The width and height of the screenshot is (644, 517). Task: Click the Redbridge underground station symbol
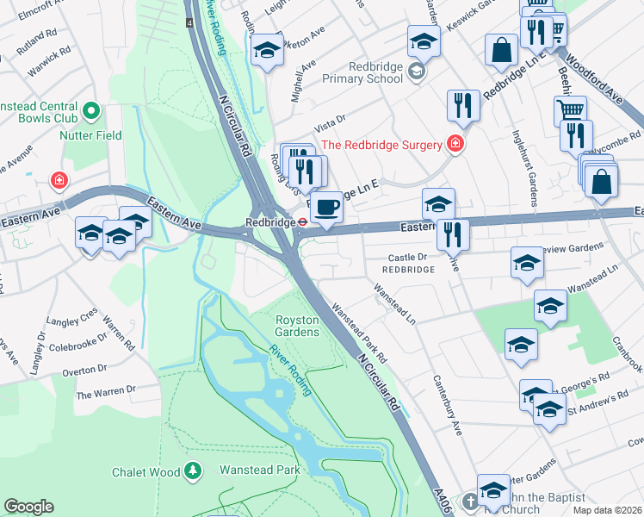click(x=303, y=221)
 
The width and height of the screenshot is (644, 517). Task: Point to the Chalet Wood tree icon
click(x=194, y=471)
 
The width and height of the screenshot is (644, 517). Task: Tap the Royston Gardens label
click(x=297, y=326)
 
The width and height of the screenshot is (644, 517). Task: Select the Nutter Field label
click(x=90, y=135)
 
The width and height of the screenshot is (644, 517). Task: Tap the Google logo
click(x=28, y=507)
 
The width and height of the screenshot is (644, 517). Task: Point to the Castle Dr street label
click(x=407, y=257)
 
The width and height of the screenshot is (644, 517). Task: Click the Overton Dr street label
click(x=84, y=368)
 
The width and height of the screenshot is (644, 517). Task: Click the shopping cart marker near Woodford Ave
click(x=570, y=110)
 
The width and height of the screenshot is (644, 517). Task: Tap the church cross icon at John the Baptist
click(x=469, y=500)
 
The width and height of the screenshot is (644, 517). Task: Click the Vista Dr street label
click(x=329, y=120)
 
